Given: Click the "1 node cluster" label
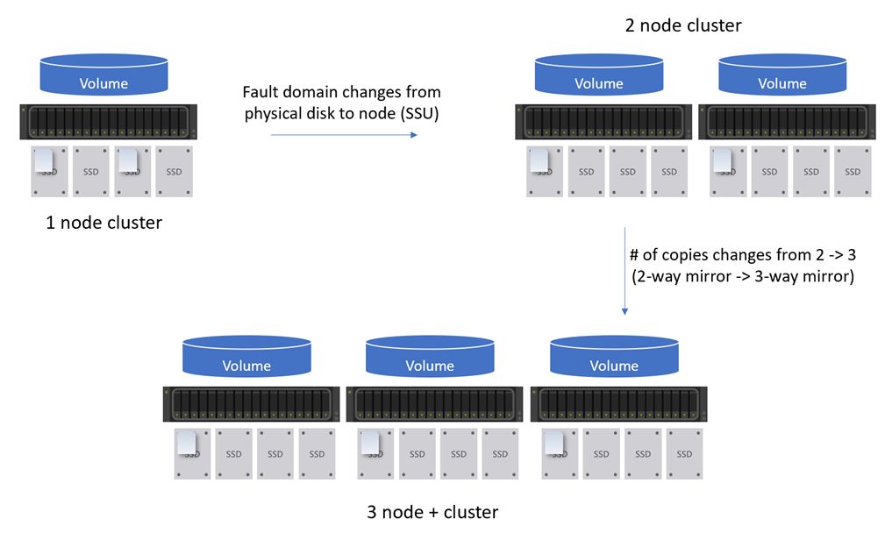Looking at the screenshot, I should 103,223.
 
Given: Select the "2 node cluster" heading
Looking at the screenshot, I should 682,25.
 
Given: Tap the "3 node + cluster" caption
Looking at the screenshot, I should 432,512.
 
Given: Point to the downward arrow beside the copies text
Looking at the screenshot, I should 624,271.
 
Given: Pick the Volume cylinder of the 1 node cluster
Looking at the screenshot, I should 103,76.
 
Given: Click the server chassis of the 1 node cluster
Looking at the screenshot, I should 104,122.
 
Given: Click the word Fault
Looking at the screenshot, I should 261,92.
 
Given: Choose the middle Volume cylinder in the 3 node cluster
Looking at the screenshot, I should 429,359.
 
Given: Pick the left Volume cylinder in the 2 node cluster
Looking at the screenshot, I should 598,76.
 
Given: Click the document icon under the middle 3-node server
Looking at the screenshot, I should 370,444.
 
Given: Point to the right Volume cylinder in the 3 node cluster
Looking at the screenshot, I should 613,359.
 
